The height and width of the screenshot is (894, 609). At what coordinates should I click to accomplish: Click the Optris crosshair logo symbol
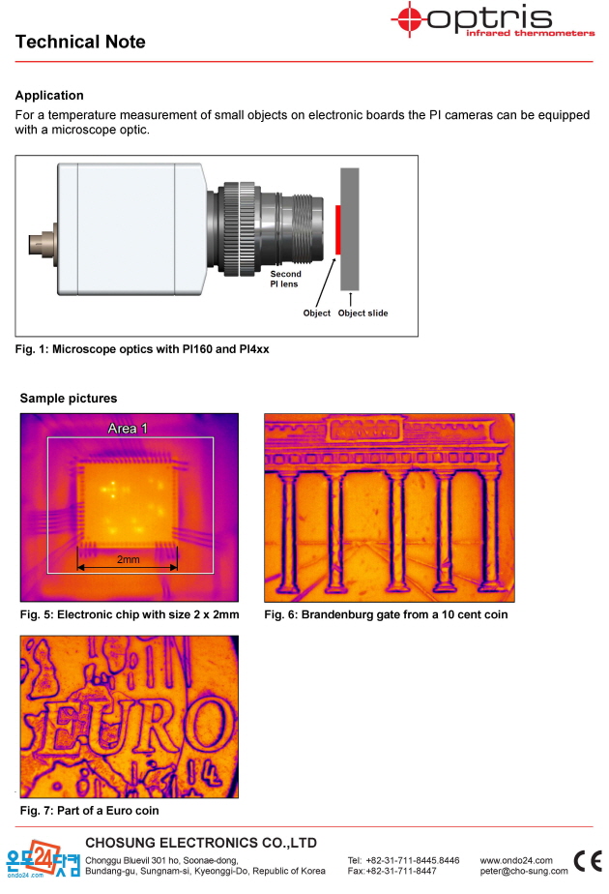[409, 19]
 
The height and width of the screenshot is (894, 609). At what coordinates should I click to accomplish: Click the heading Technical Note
[80, 42]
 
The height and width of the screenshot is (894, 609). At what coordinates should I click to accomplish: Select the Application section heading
[49, 95]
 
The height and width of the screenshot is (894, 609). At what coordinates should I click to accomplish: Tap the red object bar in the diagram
[337, 229]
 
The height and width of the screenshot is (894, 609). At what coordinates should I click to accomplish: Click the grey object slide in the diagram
[350, 228]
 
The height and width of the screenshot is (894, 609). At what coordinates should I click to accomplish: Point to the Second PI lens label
[285, 279]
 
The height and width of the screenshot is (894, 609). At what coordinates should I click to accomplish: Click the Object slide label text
[362, 313]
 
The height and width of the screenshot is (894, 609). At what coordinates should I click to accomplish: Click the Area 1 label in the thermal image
[128, 429]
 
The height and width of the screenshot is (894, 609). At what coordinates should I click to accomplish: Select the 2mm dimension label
[129, 559]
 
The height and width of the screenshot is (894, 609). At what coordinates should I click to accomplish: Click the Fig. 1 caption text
[142, 349]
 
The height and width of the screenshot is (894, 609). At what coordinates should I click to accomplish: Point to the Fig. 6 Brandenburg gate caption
[386, 614]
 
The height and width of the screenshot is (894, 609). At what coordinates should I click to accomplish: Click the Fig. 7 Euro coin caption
[90, 810]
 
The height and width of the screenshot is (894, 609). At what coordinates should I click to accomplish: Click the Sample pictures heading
[69, 398]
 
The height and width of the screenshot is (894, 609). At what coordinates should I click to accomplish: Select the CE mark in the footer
[588, 861]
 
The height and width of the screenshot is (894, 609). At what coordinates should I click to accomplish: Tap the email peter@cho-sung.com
[524, 871]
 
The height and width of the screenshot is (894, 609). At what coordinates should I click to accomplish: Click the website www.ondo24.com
[516, 860]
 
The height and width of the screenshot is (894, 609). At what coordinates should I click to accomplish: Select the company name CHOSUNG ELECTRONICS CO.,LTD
[201, 843]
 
